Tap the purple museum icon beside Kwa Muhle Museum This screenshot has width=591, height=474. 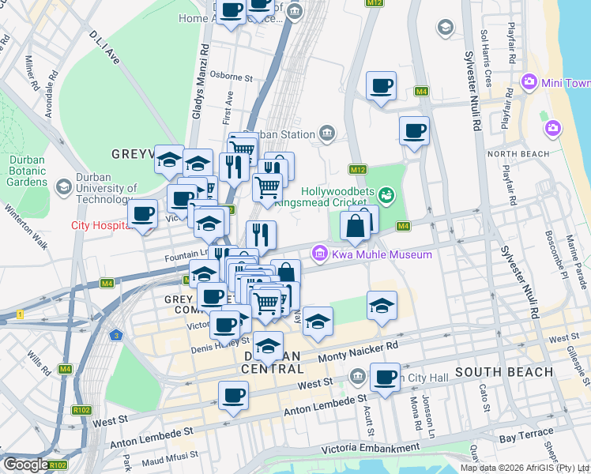[320, 254]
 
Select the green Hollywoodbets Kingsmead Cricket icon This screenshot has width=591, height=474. [386, 194]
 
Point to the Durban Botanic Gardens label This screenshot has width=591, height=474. [27, 170]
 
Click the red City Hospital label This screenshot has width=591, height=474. [100, 225]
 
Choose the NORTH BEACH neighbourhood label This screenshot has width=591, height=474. [517, 153]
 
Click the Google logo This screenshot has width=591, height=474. [25, 465]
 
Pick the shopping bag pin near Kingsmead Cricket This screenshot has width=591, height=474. [356, 226]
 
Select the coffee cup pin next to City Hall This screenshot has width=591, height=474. [385, 378]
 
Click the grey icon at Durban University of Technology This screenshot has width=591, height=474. [64, 185]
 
